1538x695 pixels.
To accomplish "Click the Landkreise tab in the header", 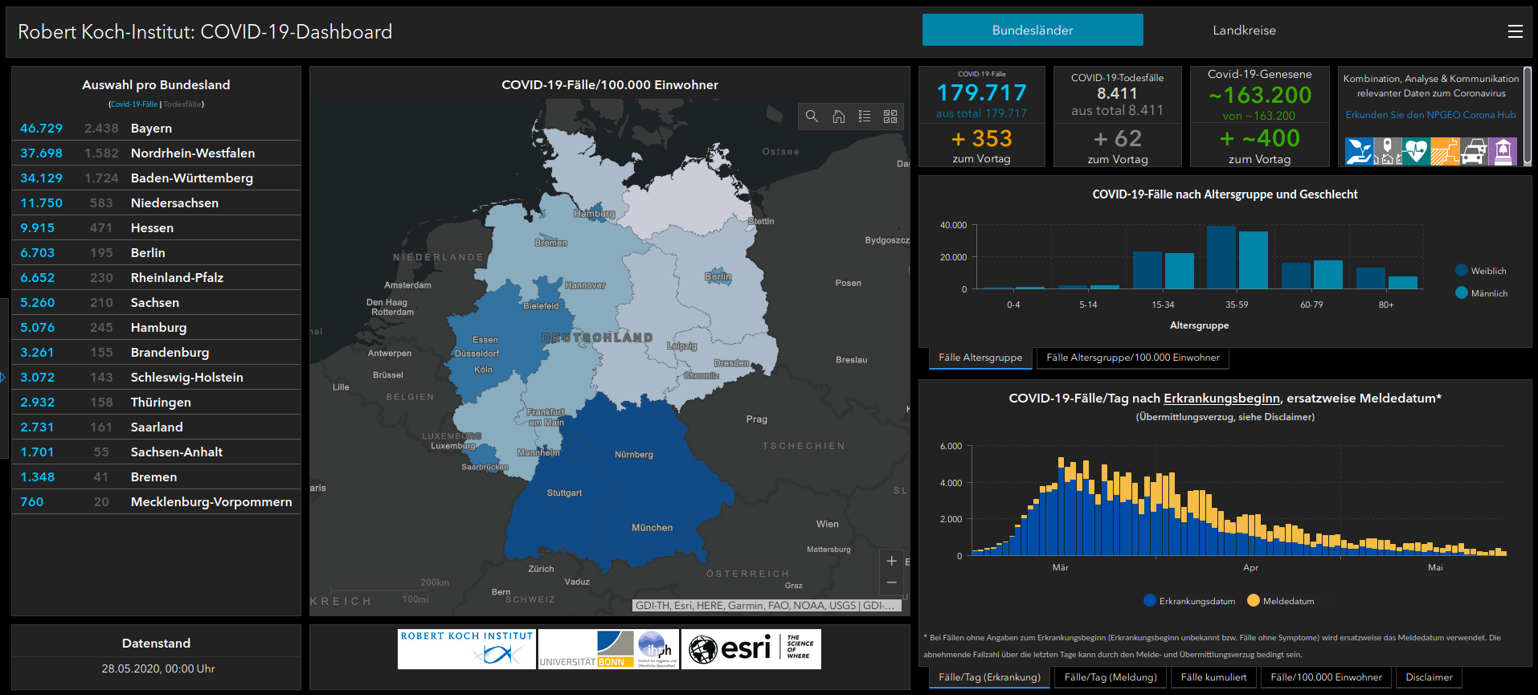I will tap(1244, 31).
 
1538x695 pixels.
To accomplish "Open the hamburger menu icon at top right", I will tap(1515, 31).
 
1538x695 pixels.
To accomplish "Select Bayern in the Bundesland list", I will tap(151, 129).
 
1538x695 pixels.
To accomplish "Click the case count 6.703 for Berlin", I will tap(38, 253).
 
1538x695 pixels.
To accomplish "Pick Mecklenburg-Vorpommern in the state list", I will tap(211, 502).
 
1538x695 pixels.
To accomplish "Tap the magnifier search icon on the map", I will tap(812, 117).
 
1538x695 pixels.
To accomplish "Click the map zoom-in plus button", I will tap(891, 561).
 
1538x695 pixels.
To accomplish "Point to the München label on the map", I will tap(652, 528).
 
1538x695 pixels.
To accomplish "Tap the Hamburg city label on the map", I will tap(594, 214).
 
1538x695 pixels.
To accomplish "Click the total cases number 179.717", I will tap(981, 93).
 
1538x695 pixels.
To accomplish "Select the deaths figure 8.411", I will tap(1117, 94).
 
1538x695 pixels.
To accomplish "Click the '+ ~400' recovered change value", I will tap(1259, 138).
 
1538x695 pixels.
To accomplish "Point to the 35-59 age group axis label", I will tap(1237, 305).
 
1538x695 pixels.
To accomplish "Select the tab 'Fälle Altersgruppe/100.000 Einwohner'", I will tap(1132, 358).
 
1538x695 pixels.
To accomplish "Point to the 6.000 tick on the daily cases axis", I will tap(951, 446).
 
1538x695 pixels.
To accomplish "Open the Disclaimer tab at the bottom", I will tap(1429, 677).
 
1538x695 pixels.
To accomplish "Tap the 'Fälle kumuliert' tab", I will tap(1213, 677).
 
